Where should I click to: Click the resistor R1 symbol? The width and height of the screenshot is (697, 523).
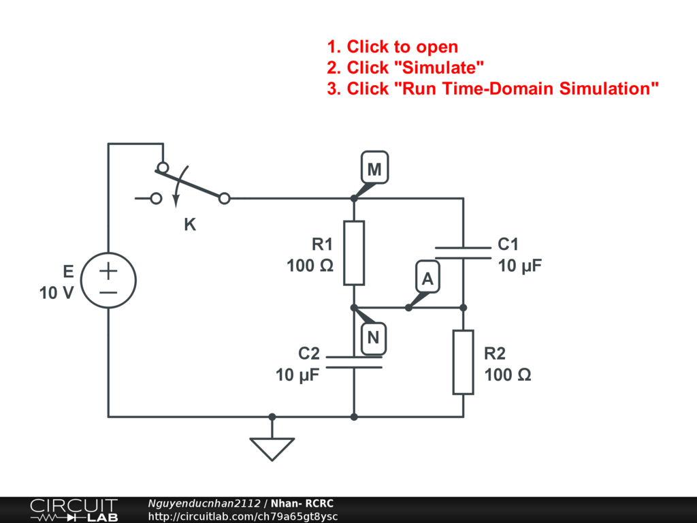pyautogui.click(x=354, y=253)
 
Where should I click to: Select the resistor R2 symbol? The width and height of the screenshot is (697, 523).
pyautogui.click(x=463, y=362)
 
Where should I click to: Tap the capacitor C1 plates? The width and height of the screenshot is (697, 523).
pyautogui.click(x=463, y=253)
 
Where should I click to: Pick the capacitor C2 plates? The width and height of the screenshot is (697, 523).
pyautogui.click(x=354, y=362)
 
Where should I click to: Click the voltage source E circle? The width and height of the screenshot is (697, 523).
pyautogui.click(x=108, y=281)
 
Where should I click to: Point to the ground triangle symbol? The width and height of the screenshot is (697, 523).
pyautogui.click(x=272, y=448)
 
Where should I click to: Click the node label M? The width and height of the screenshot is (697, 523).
pyautogui.click(x=374, y=170)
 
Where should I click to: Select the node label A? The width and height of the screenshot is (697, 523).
pyautogui.click(x=427, y=279)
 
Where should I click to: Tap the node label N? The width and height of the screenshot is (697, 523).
pyautogui.click(x=374, y=337)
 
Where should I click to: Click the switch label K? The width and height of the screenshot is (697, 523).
pyautogui.click(x=190, y=225)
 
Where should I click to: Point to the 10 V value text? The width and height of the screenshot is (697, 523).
pyautogui.click(x=56, y=294)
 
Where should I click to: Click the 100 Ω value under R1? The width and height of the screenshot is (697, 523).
pyautogui.click(x=310, y=266)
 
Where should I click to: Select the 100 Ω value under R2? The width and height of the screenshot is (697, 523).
pyautogui.click(x=508, y=375)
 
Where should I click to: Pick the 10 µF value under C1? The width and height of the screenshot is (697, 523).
pyautogui.click(x=521, y=266)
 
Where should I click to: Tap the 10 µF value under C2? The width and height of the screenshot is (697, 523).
pyautogui.click(x=297, y=375)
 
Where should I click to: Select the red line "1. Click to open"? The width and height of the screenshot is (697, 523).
pyautogui.click(x=392, y=47)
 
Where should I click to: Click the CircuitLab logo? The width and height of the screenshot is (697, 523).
pyautogui.click(x=73, y=510)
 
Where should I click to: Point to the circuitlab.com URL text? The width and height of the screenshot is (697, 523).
pyautogui.click(x=243, y=517)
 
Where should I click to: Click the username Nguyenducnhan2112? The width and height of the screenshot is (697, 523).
pyautogui.click(x=204, y=503)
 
